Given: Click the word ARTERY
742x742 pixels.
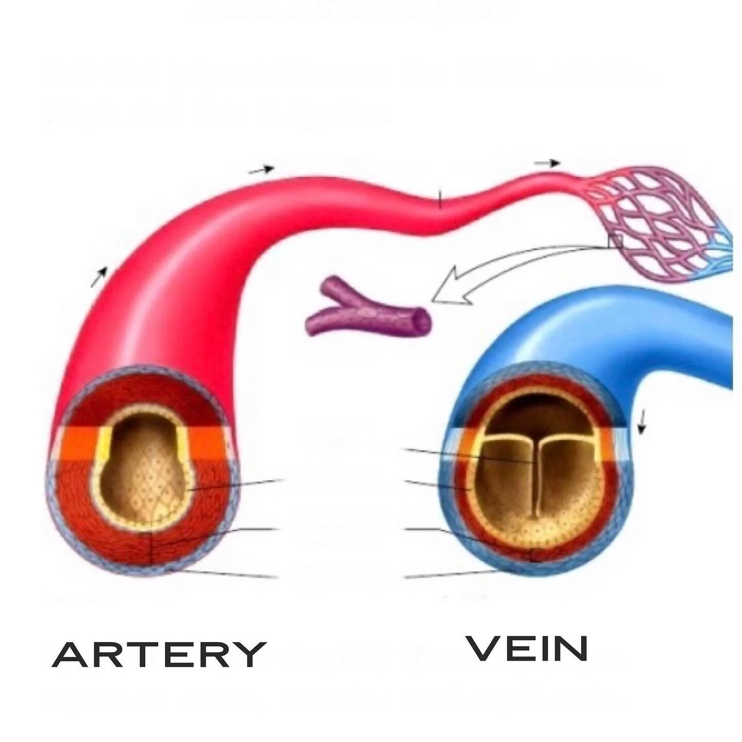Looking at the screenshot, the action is (159, 654).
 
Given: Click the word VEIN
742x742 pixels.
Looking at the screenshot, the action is (527, 648).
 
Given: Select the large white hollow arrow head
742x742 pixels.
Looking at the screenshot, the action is (448, 289).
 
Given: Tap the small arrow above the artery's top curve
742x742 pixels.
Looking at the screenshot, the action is (262, 170).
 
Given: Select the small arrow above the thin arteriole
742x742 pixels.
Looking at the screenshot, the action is (547, 163).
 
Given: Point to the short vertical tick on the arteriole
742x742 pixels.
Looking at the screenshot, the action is (440, 198).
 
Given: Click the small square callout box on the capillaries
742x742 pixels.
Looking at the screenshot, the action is (615, 241).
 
